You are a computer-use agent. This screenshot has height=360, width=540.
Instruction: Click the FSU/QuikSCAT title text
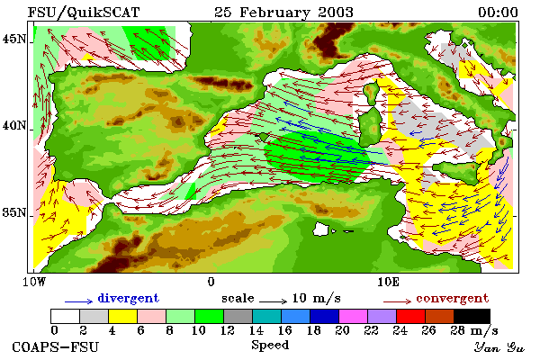84,13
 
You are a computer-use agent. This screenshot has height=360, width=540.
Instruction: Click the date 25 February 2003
283,13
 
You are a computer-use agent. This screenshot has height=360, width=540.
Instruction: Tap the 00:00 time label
498,13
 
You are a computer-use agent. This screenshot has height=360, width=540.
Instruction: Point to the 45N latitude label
14,40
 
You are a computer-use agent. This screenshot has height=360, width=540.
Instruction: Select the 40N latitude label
14,126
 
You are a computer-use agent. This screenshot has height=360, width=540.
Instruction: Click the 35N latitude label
14,212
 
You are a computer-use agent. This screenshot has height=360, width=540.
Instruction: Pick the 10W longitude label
34,282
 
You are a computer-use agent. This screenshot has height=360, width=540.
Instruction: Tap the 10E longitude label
389,282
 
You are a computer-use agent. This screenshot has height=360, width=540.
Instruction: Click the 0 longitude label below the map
211,282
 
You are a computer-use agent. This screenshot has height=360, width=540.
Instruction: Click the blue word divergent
129,298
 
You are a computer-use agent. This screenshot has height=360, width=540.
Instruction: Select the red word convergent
453,298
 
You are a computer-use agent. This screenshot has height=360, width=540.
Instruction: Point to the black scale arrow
273,301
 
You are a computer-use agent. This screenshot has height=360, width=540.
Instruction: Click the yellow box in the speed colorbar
123,316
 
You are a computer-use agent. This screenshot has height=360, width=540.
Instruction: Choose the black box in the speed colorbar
472,316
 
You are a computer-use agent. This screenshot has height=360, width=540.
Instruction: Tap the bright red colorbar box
411,316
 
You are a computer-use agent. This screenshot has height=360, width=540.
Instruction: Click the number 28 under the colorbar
458,330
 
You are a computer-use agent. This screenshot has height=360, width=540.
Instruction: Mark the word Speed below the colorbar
270,346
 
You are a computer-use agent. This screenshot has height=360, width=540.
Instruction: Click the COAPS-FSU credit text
56,346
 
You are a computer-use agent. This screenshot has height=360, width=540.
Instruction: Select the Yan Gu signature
499,347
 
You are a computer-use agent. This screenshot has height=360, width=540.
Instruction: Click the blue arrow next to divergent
79,301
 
